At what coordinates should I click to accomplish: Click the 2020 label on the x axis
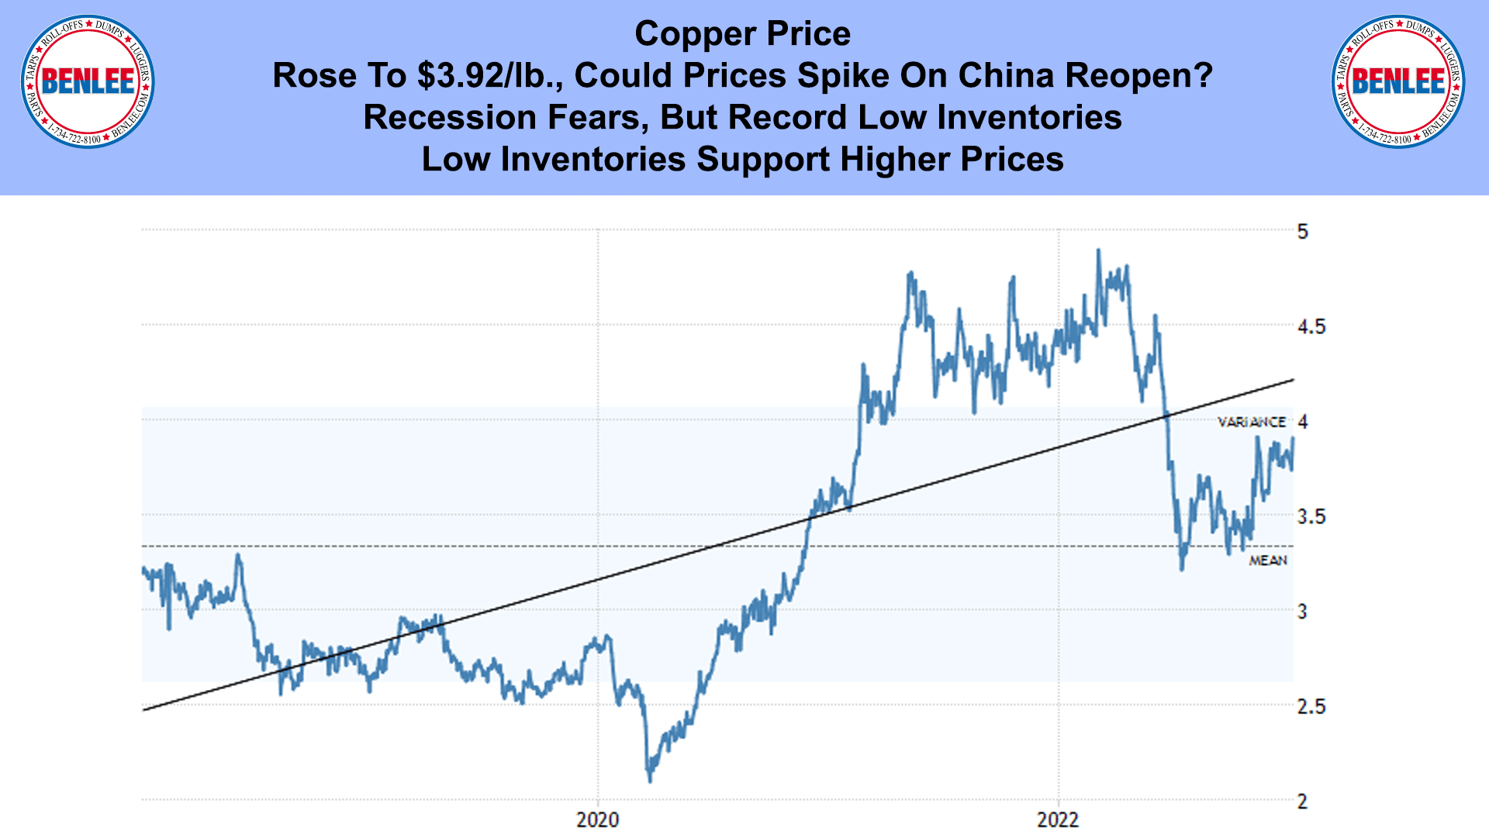tap(597, 819)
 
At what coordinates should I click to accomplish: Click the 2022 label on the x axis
tap(1058, 819)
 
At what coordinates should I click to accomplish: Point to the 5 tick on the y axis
tap(1302, 231)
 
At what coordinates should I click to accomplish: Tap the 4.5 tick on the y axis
tap(1311, 326)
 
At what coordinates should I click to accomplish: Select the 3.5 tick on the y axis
tap(1311, 516)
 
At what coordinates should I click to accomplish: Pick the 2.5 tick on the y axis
tap(1311, 706)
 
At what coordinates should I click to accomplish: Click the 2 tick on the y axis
tap(1302, 802)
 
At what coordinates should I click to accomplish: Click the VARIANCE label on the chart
tap(1251, 422)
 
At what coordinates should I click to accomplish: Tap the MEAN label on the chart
tap(1268, 560)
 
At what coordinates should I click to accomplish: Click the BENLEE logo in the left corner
tap(88, 81)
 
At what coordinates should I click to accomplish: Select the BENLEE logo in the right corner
tap(1398, 81)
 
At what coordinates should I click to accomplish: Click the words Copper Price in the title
tap(742, 34)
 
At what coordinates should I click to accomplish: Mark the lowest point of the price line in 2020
tap(650, 780)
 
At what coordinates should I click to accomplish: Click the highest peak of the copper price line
tap(1098, 250)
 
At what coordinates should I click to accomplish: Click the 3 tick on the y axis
tap(1302, 612)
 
